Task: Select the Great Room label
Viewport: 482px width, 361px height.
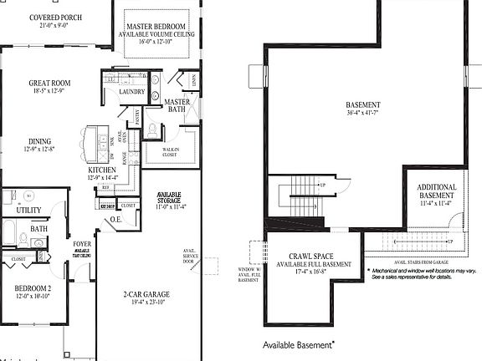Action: point(49,84)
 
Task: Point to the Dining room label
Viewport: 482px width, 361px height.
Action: point(39,141)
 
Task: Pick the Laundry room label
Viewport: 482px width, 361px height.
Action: point(132,92)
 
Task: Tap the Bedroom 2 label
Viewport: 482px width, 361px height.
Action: point(34,290)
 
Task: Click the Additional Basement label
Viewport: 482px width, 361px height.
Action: point(437,192)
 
